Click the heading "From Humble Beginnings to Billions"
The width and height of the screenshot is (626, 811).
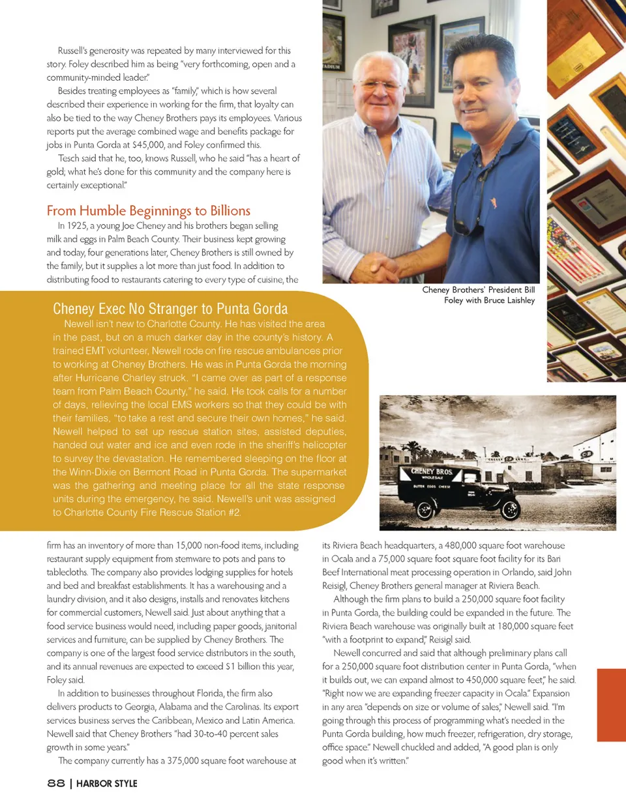148,210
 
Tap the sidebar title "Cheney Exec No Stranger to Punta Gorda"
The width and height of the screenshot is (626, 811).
170,308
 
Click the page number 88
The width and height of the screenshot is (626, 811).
55,783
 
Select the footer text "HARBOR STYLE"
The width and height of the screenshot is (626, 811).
106,784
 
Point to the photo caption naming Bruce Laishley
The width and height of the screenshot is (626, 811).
478,295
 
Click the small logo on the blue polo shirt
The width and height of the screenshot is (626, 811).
494,203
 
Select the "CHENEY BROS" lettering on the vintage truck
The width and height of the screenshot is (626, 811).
431,471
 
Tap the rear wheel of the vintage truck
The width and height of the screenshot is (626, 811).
426,510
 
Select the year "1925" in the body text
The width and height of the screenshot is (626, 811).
77,225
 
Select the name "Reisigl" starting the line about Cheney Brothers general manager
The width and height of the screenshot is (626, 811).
334,586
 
